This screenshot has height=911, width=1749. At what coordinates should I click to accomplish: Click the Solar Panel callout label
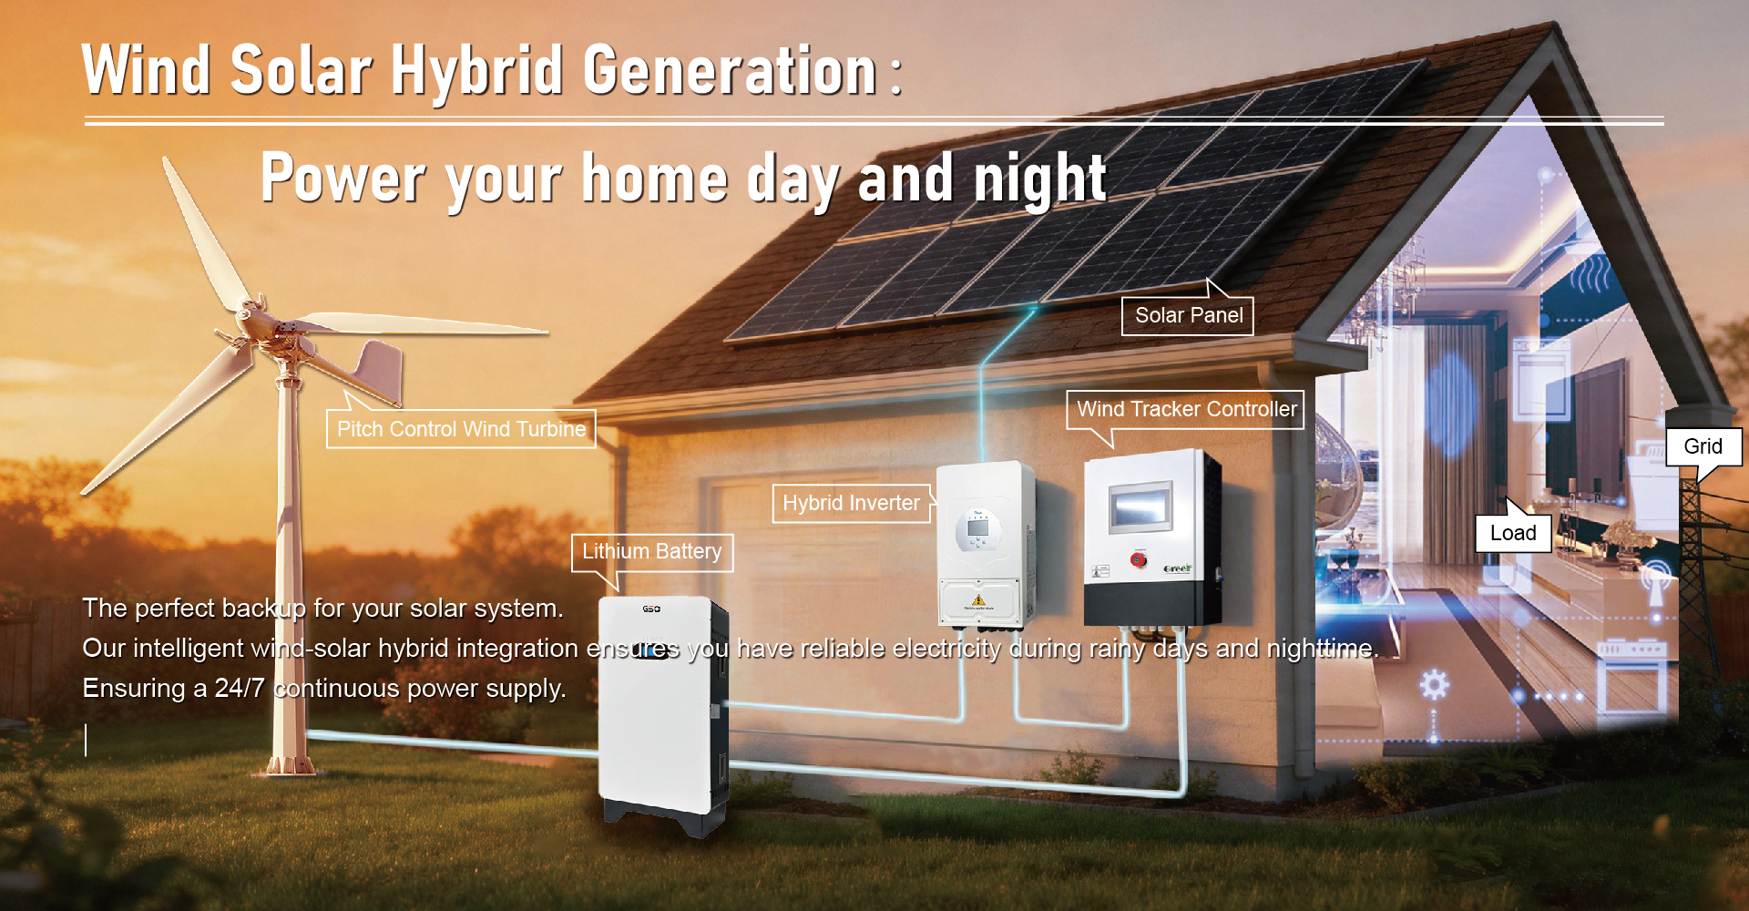[x=1188, y=316]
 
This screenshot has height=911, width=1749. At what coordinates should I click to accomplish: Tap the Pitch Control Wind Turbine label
[x=461, y=429]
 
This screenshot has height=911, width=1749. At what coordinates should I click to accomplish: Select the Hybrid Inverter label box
[x=851, y=504]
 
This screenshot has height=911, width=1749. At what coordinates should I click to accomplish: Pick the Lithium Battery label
[x=652, y=552]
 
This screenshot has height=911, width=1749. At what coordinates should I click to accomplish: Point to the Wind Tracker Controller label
[x=1186, y=410]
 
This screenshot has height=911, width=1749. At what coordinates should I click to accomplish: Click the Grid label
[x=1703, y=446]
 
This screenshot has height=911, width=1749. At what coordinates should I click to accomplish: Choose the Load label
[x=1513, y=534]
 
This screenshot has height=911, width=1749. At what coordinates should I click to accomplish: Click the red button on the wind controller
[x=1139, y=558]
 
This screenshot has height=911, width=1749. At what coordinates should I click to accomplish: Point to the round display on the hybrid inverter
[x=977, y=532]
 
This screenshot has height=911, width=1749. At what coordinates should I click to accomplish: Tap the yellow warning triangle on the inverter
[x=977, y=600]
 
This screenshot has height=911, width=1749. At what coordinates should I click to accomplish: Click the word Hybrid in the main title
[x=477, y=71]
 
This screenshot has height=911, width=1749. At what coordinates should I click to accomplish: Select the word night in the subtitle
[x=1039, y=178]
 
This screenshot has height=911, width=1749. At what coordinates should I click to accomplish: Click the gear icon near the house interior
[x=1434, y=684]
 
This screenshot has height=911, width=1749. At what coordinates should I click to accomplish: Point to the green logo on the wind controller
[x=1177, y=569]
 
